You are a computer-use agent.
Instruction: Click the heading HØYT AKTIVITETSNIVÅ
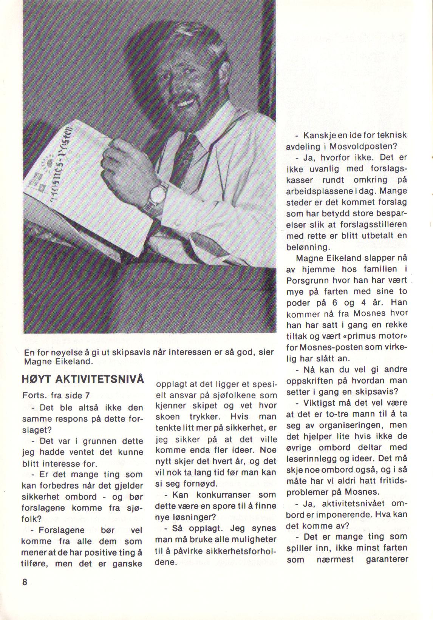pyautogui.click(x=83, y=379)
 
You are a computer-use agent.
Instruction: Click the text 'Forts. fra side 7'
pyautogui.click(x=56, y=395)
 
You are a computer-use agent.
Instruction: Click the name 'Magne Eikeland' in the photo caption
pyautogui.click(x=57, y=361)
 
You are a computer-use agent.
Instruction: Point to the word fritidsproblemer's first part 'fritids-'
pyautogui.click(x=390, y=481)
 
